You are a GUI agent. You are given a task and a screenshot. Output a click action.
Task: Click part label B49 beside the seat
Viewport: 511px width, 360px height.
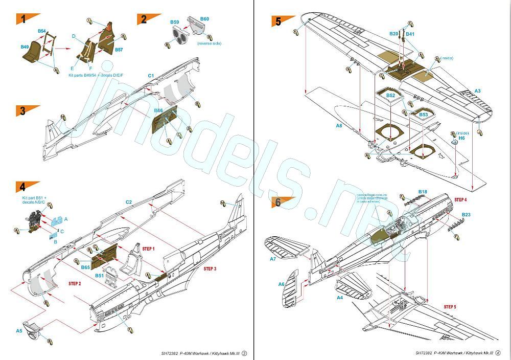point(25,47)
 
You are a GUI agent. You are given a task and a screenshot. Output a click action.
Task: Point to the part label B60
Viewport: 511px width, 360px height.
point(204,19)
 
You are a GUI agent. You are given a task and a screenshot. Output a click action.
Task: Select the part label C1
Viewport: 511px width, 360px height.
point(151,76)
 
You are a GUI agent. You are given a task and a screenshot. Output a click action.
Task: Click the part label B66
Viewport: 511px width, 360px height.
point(158,110)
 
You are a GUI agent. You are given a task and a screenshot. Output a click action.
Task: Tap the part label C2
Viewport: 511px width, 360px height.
point(129,202)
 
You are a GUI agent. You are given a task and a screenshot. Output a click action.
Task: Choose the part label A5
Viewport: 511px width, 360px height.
point(18,331)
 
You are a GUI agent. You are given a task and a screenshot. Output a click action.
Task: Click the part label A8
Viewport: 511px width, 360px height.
point(339,125)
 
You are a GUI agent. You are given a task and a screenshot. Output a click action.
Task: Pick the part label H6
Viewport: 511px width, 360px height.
point(461,138)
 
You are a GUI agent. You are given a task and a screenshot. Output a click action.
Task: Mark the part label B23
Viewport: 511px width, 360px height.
point(466,215)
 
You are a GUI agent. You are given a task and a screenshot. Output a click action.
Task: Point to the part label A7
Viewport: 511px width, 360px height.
point(272,259)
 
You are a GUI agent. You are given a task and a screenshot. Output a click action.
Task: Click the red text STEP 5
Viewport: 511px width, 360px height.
point(450,307)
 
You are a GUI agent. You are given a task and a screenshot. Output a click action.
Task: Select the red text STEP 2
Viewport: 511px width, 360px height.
point(75,283)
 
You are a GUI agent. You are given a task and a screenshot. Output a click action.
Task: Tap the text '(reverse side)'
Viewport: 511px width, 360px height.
point(209,44)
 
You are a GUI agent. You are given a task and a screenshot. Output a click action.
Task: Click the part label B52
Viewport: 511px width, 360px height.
point(390,96)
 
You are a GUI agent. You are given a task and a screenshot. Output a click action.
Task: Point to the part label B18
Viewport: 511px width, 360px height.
point(423,192)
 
